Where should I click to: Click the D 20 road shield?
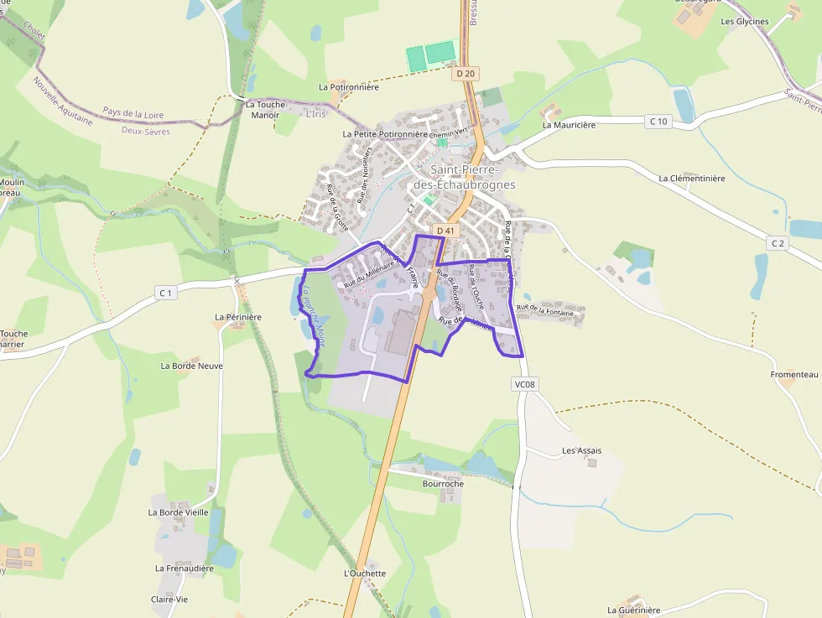[466, 74]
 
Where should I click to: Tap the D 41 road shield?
[444, 230]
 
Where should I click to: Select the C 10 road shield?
[658, 122]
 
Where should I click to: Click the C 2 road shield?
[778, 243]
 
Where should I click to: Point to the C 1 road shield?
[165, 293]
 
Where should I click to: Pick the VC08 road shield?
[525, 384]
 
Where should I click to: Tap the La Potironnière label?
[349, 86]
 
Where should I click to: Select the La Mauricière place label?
[569, 125]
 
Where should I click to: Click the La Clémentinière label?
[691, 179]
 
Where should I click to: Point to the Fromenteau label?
[793, 374]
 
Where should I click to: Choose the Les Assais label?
[581, 450]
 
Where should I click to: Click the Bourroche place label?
[443, 484]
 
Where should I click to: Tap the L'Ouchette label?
[365, 574]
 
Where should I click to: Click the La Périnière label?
[238, 317]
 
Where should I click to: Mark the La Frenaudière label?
[185, 568]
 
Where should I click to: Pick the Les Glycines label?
[745, 22]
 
